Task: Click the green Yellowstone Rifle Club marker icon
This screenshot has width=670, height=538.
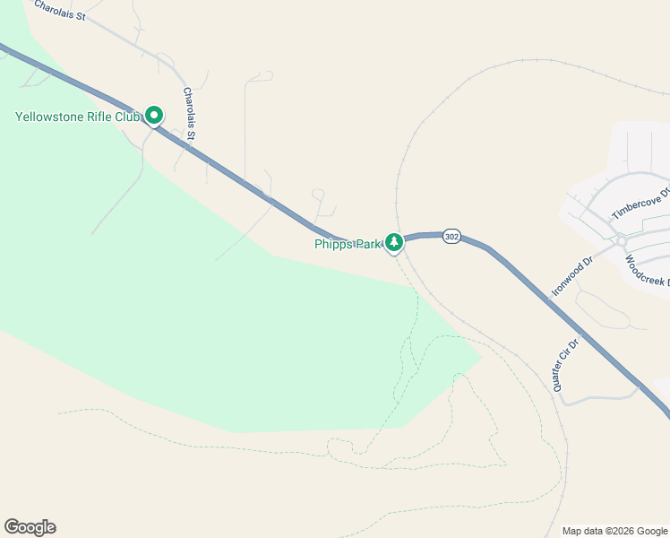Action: coord(154,115)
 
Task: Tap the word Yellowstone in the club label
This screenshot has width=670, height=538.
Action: coord(50,117)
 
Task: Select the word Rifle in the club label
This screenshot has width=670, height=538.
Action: coord(102,117)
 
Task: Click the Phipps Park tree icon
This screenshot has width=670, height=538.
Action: coord(393,242)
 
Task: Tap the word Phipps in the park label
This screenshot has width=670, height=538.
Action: coord(333,244)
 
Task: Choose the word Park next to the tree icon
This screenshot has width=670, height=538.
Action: coord(369,244)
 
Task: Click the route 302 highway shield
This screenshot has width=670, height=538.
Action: coord(451,237)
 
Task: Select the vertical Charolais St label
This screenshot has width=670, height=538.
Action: coord(189,115)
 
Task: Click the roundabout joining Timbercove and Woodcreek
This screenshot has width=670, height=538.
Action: coord(621,239)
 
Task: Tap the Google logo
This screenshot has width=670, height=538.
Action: coord(30,527)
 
